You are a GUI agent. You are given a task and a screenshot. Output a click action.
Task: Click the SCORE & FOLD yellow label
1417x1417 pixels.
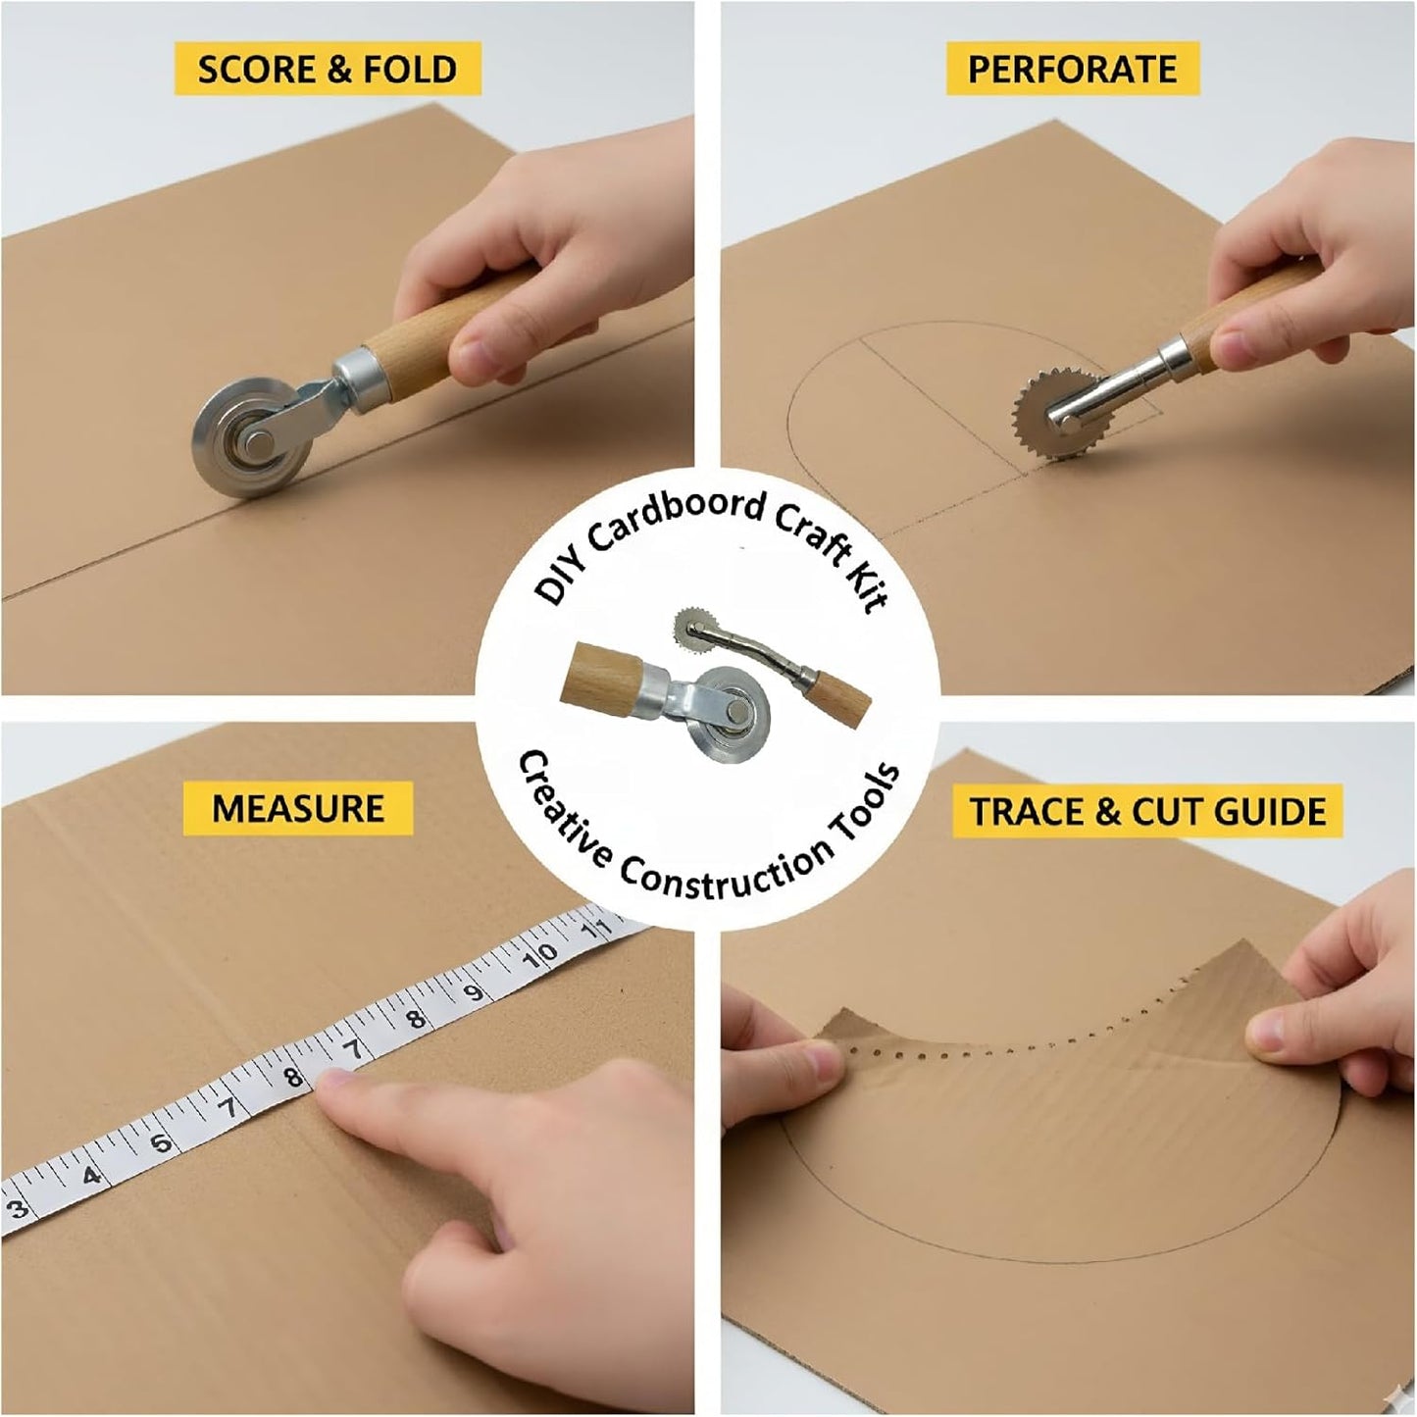coord(328,70)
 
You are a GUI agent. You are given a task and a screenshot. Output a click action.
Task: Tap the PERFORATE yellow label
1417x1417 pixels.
coord(1072,69)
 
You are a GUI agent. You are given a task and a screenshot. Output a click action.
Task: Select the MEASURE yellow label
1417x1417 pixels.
coord(298,808)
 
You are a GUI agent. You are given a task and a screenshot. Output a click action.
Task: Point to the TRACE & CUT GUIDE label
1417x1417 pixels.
coord(1147,811)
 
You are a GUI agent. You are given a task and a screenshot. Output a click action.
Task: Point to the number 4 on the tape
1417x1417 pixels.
coord(91,1175)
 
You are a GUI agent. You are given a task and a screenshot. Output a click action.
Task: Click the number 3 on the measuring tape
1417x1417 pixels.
coord(19,1208)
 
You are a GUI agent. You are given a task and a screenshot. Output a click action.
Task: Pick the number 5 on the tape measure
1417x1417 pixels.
coord(160,1142)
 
